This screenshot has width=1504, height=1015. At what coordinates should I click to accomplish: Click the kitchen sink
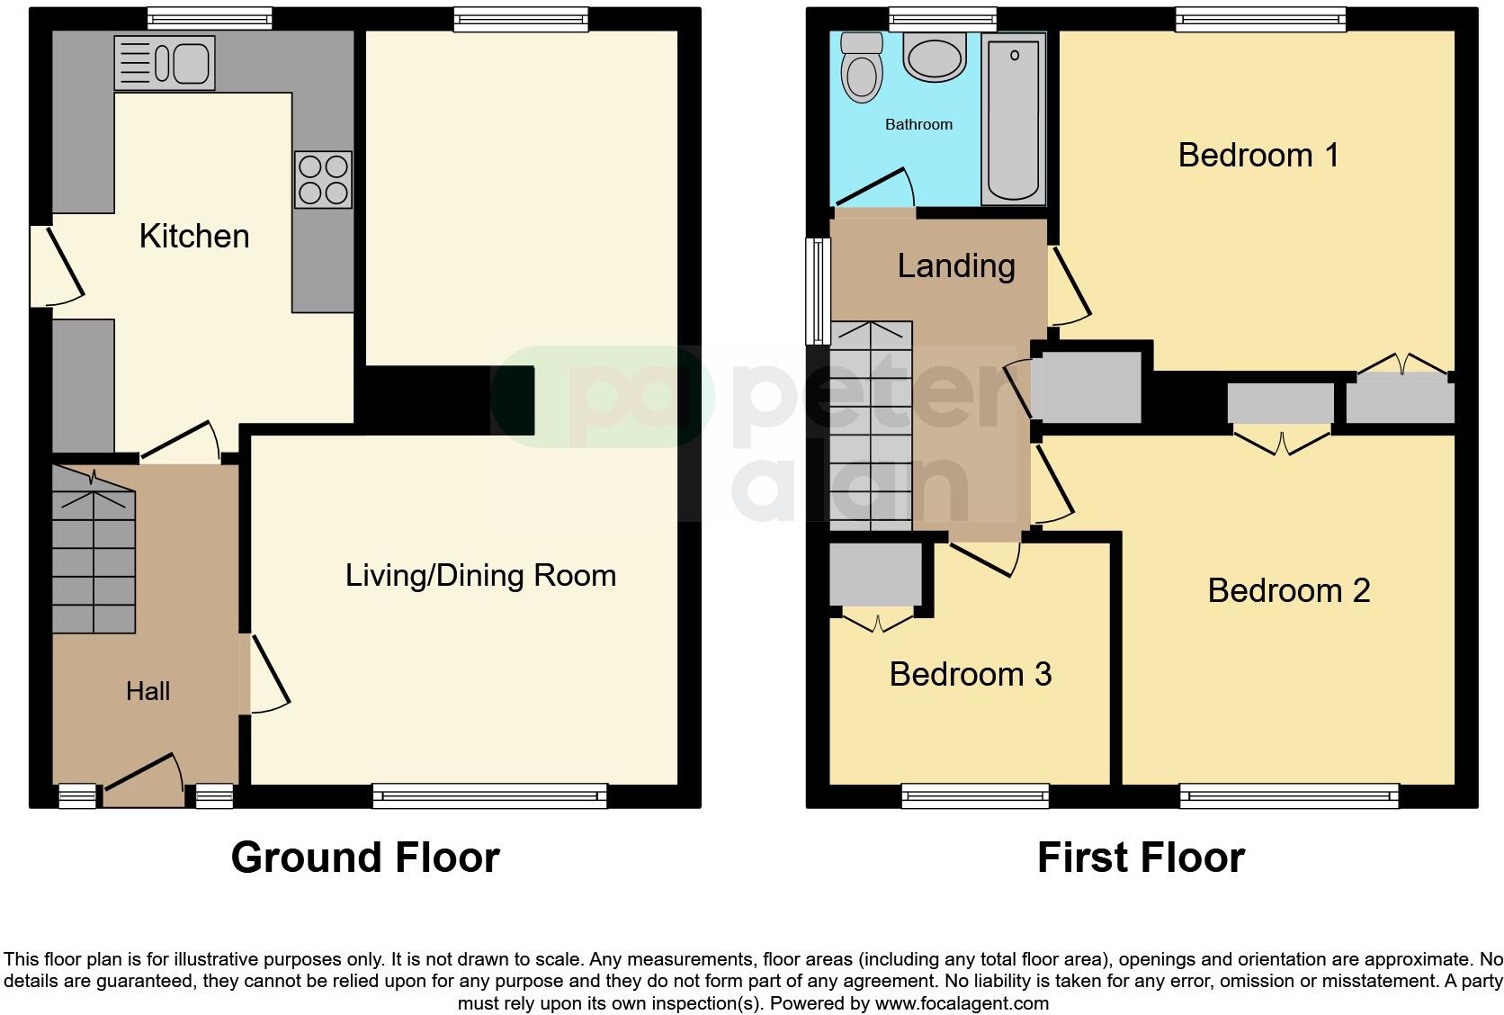coord(165,63)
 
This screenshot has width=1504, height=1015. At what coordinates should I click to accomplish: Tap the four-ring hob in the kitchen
coord(323,180)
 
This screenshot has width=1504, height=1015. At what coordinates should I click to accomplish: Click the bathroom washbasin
coord(936,58)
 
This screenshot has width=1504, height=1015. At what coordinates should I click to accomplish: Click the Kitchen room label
coord(194,237)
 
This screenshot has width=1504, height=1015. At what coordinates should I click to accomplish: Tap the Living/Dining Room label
coord(480,576)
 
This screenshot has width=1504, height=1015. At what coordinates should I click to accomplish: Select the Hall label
coord(148,691)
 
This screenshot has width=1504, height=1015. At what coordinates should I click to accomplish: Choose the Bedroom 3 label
coord(970,674)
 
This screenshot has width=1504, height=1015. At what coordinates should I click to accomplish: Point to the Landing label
coord(956,265)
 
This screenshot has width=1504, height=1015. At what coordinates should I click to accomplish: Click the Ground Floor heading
coord(365,858)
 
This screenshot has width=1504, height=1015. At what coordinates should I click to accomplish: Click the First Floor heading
coord(1141,858)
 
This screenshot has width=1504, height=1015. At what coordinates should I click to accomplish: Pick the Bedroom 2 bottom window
coord(1289,795)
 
